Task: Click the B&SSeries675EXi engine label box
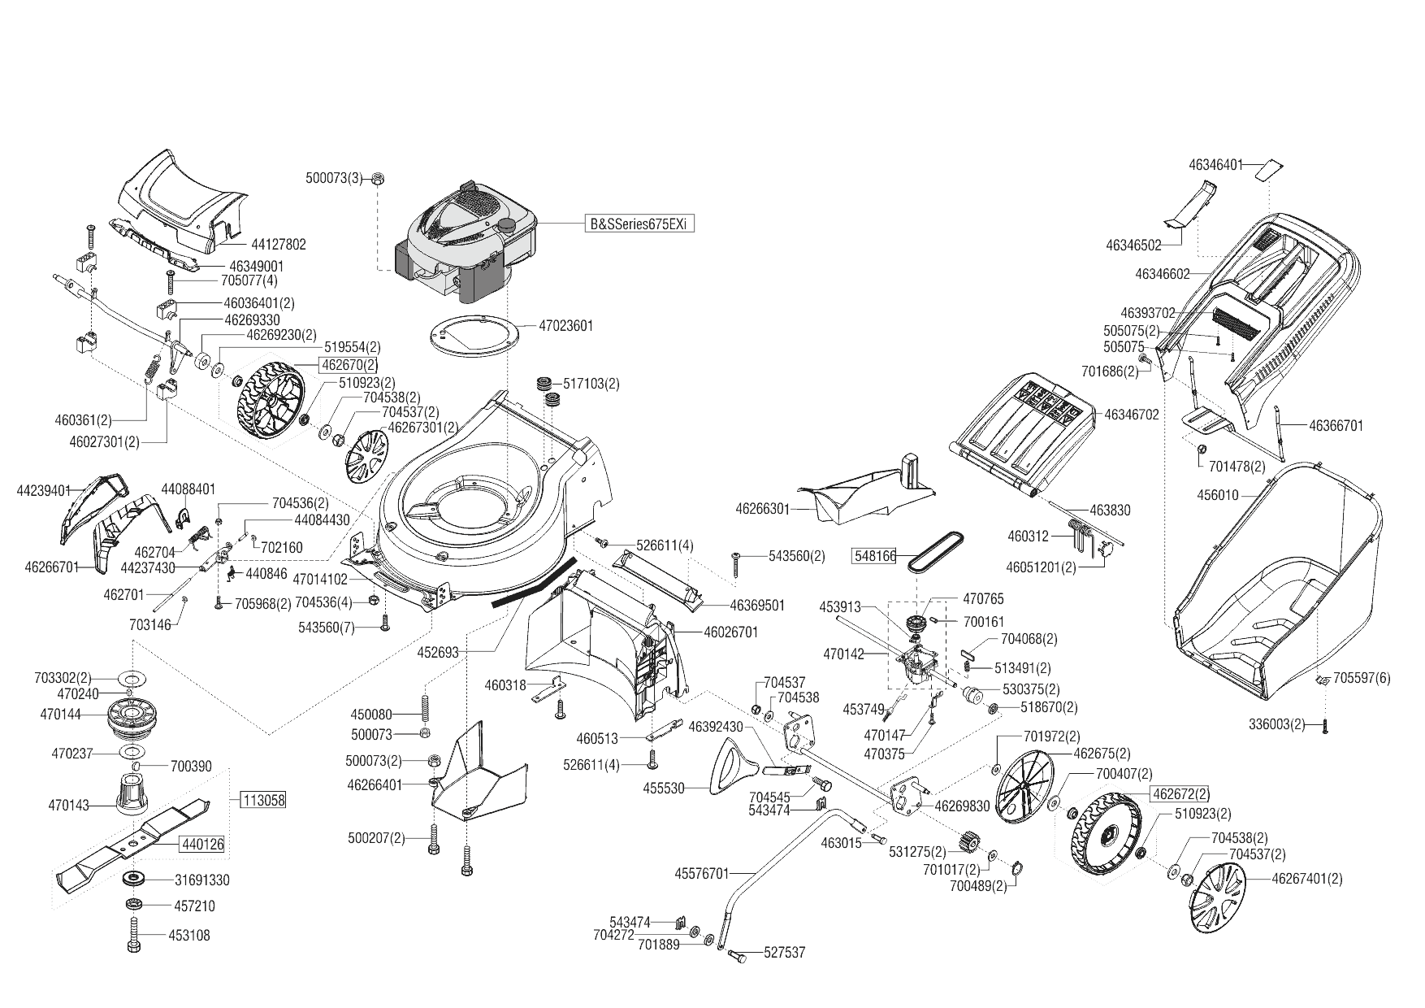coord(642,224)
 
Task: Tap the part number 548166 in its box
coord(874,556)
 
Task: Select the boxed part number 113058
coord(264,800)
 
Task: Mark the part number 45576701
coord(701,874)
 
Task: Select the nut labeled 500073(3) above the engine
coord(378,180)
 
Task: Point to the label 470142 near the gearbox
coord(843,653)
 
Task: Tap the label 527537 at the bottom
coord(785,953)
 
